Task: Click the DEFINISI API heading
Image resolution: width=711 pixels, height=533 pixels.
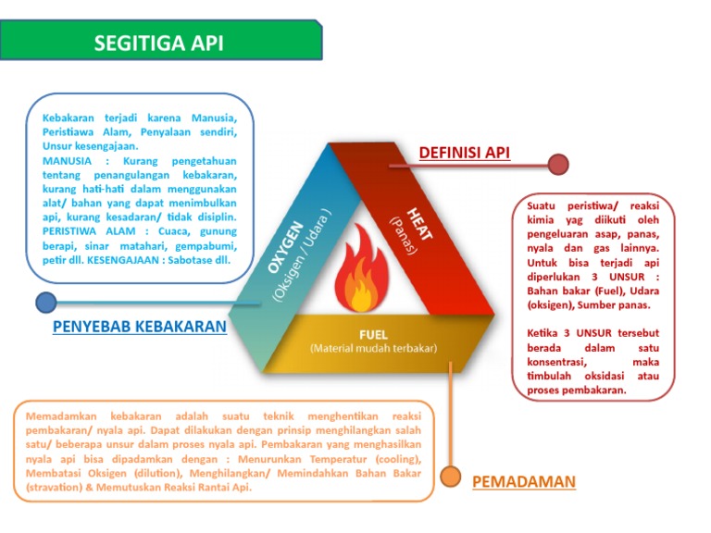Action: (x=464, y=153)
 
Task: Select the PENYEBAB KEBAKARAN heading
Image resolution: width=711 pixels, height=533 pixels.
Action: (x=140, y=327)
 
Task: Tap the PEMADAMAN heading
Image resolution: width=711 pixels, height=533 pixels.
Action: (x=524, y=481)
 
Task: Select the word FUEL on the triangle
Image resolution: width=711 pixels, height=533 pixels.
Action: (x=372, y=333)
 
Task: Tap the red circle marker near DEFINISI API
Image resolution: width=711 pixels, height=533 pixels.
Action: (x=557, y=165)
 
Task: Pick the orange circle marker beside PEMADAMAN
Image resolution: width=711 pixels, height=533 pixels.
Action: (x=451, y=476)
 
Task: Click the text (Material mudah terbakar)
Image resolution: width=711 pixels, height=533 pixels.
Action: (x=373, y=348)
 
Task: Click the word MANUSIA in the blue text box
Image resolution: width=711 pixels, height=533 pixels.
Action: (x=67, y=160)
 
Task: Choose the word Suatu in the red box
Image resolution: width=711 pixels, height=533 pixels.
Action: (x=543, y=206)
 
